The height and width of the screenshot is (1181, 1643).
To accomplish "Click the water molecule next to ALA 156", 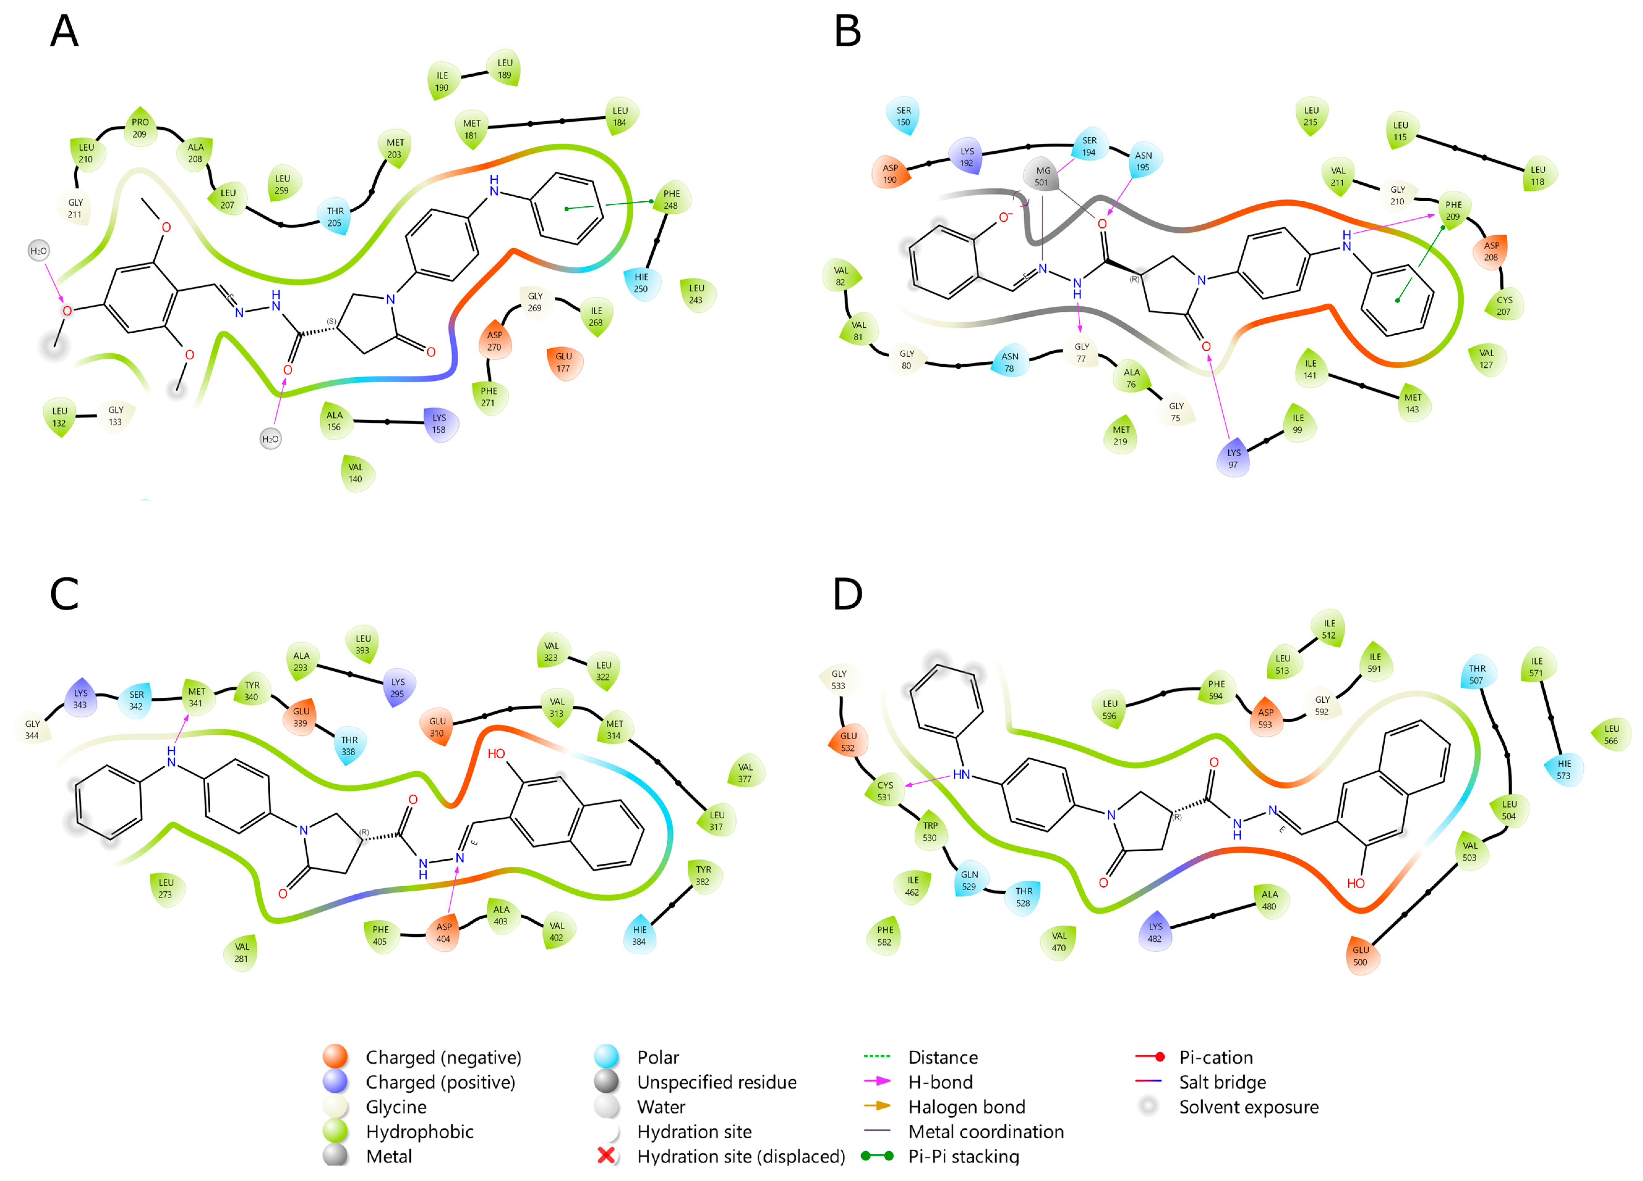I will pyautogui.click(x=270, y=439).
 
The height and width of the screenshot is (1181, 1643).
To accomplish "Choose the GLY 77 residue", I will pyautogui.click(x=1081, y=352).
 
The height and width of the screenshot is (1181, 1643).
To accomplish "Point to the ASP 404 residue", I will pyautogui.click(x=443, y=932).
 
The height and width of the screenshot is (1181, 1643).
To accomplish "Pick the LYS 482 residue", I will pyautogui.click(x=1155, y=932).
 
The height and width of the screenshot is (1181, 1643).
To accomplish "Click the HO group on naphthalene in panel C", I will pyautogui.click(x=496, y=754).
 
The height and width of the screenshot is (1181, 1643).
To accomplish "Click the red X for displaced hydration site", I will pyautogui.click(x=606, y=1156).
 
